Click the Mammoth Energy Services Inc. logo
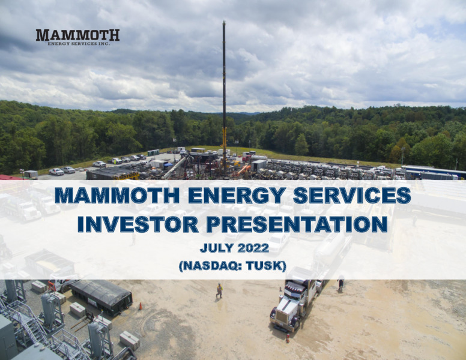click(x=77, y=37)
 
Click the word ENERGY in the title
click(x=237, y=196)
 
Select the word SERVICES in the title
click(x=352, y=196)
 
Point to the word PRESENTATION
click(x=297, y=224)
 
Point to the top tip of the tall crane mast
click(x=224, y=21)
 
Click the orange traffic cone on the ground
click(x=141, y=306)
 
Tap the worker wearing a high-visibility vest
click(x=219, y=290)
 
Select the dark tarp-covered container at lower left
click(x=101, y=296)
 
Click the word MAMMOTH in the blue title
click(x=117, y=196)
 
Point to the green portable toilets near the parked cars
click(x=153, y=152)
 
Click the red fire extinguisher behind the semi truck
click(x=288, y=338)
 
